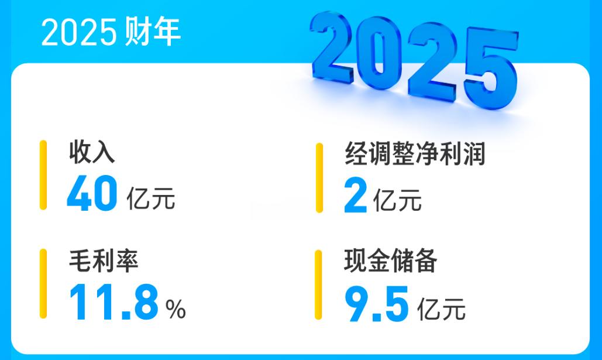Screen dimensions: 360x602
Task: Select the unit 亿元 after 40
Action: [151, 198]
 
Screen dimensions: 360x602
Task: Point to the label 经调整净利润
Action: [415, 155]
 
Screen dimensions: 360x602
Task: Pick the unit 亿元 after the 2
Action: [397, 201]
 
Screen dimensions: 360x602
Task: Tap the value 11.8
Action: [113, 301]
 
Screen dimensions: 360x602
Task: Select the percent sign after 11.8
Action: [176, 309]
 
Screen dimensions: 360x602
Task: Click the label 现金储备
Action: [390, 262]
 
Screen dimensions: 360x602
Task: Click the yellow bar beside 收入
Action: [43, 174]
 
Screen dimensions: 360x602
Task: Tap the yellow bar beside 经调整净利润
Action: [319, 177]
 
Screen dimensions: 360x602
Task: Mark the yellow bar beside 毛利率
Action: [43, 283]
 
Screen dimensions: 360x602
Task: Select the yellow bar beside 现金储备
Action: [319, 284]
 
